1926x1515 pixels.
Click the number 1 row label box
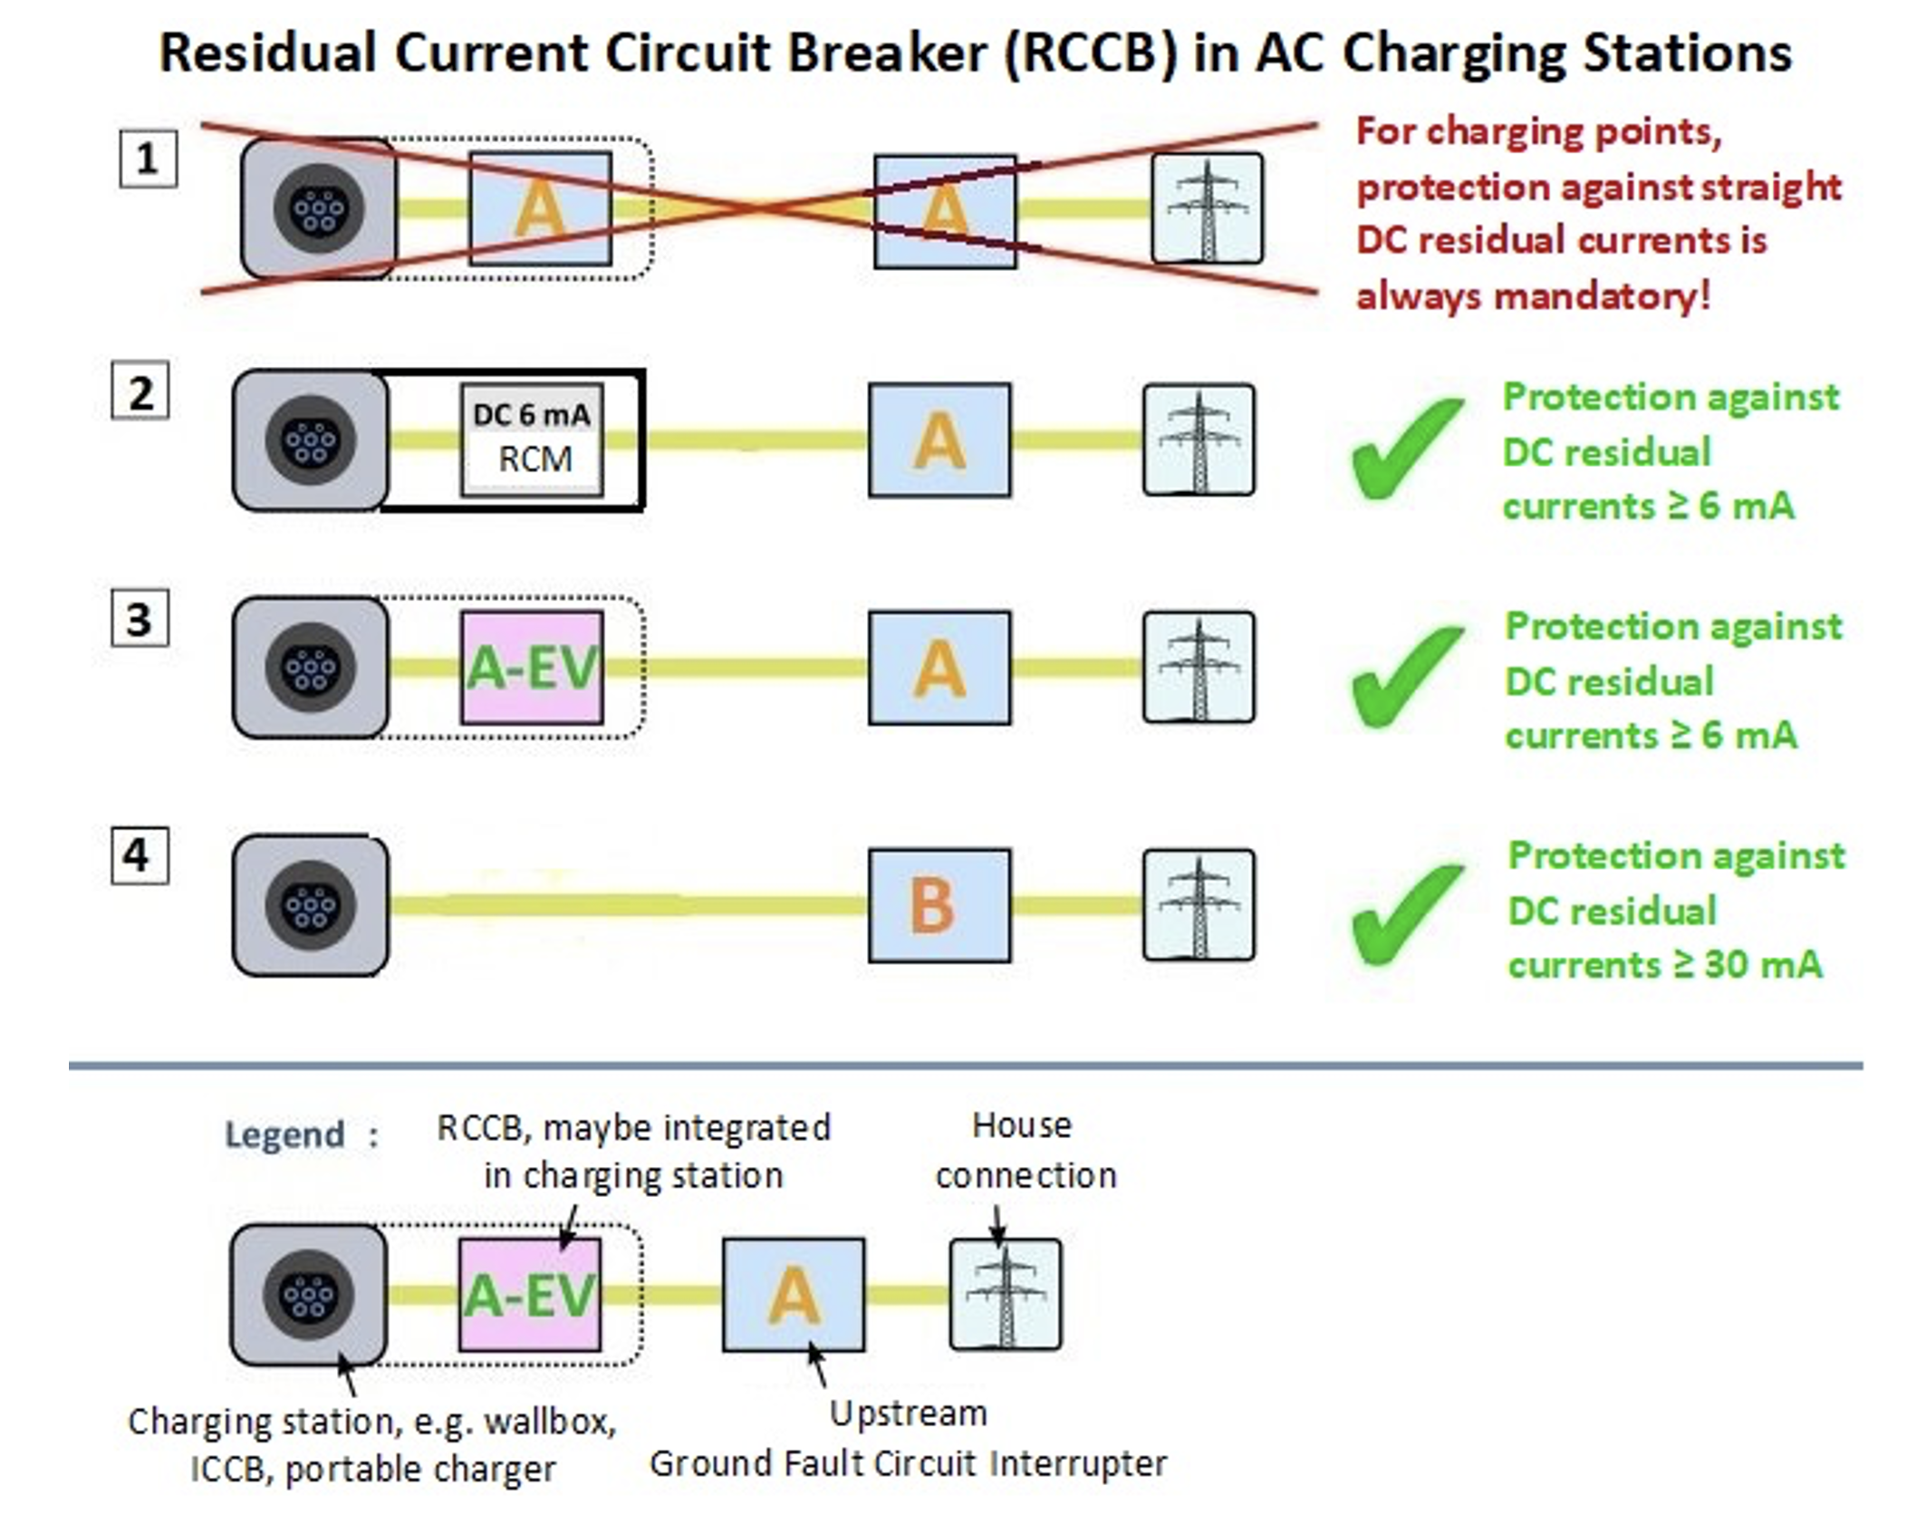pyautogui.click(x=148, y=159)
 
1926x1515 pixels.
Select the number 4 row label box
pyautogui.click(x=140, y=854)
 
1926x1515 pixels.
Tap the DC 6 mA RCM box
pyautogui.click(x=532, y=439)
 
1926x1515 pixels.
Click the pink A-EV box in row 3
pyautogui.click(x=532, y=668)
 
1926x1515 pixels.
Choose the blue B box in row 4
pyautogui.click(x=939, y=905)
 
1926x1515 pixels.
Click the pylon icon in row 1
pyautogui.click(x=1207, y=208)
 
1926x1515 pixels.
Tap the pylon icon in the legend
pyautogui.click(x=1005, y=1294)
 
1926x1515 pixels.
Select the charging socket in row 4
pyautogui.click(x=311, y=905)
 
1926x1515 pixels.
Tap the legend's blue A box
pyautogui.click(x=794, y=1295)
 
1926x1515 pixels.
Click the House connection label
pyautogui.click(x=1025, y=1151)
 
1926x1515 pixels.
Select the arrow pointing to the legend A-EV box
pyautogui.click(x=568, y=1228)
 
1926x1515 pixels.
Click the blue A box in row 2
pyautogui.click(x=939, y=440)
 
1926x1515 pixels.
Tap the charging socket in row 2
pyautogui.click(x=311, y=440)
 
